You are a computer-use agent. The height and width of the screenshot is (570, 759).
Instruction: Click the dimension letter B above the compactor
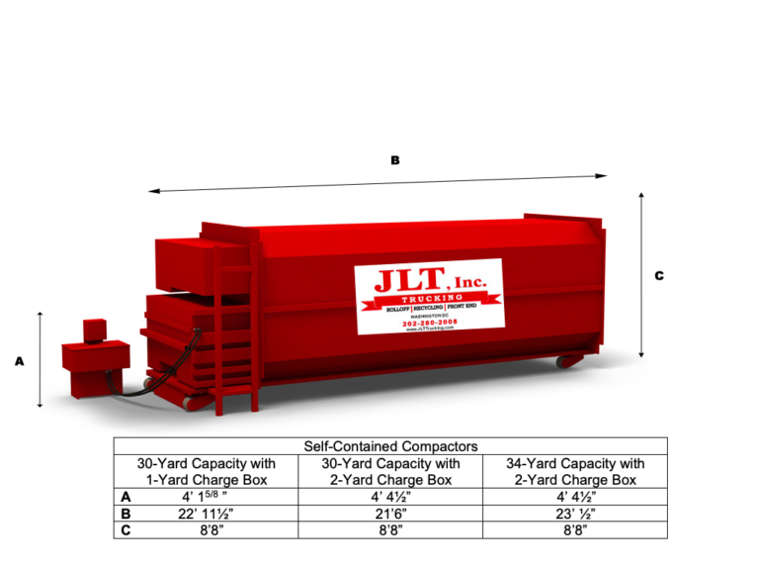point(395,159)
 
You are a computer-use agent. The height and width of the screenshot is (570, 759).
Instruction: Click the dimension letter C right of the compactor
point(659,276)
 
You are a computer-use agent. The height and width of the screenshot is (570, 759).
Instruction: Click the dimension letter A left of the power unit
point(19,362)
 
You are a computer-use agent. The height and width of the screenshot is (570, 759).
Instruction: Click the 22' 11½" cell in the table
point(206,514)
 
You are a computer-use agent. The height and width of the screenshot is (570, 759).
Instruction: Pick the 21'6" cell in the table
point(390,514)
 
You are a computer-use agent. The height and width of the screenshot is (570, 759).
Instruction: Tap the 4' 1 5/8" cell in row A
point(206,497)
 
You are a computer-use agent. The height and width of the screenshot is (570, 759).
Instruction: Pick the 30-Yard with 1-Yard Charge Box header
point(206,471)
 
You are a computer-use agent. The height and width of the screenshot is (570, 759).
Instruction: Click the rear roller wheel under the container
point(564,362)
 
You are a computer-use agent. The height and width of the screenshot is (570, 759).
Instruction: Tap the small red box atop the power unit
point(93,328)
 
